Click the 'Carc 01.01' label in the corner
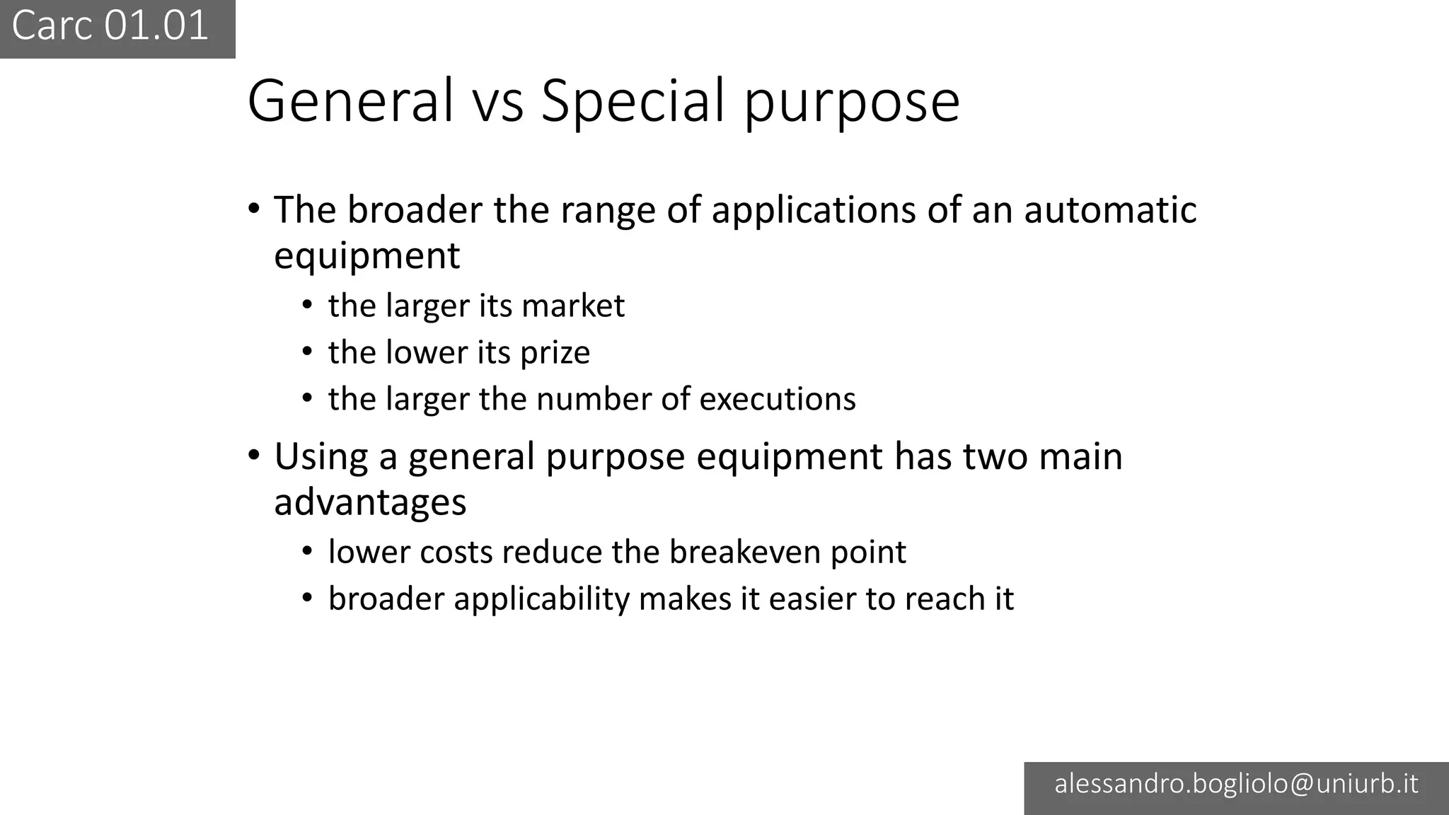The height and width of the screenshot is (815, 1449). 110,26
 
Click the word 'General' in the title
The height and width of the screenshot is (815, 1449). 350,100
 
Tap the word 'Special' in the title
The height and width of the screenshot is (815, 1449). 633,100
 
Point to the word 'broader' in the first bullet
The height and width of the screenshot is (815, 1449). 415,210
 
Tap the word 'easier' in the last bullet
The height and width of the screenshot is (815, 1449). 812,599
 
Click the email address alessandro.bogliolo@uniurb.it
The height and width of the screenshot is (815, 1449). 1236,784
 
